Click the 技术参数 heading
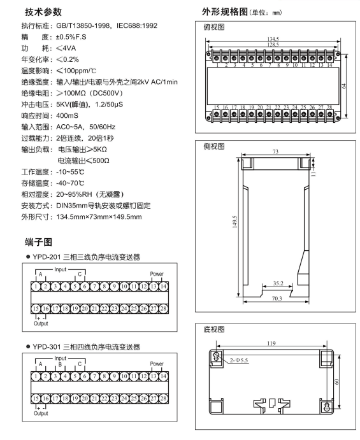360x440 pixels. [43, 12]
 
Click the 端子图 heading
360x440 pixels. [38, 242]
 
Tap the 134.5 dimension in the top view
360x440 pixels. [273, 39]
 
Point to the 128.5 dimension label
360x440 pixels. [273, 45]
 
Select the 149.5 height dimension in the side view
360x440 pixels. [234, 222]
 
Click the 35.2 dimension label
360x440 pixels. [278, 283]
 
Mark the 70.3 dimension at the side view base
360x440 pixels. [277, 298]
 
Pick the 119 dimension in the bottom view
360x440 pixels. [271, 343]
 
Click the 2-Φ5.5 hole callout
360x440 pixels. [239, 360]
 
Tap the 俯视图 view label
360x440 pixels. [214, 27]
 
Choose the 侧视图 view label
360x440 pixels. [214, 146]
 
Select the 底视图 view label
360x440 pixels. [214, 329]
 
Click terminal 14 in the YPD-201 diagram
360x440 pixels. [163, 287]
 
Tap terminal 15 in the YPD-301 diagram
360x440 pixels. [36, 399]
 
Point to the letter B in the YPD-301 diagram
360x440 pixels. [60, 364]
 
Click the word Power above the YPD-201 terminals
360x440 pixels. [157, 274]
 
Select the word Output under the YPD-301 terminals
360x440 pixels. [41, 413]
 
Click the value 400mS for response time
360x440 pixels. [67, 116]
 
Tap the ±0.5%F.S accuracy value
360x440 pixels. [71, 37]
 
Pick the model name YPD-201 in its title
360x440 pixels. [47, 257]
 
